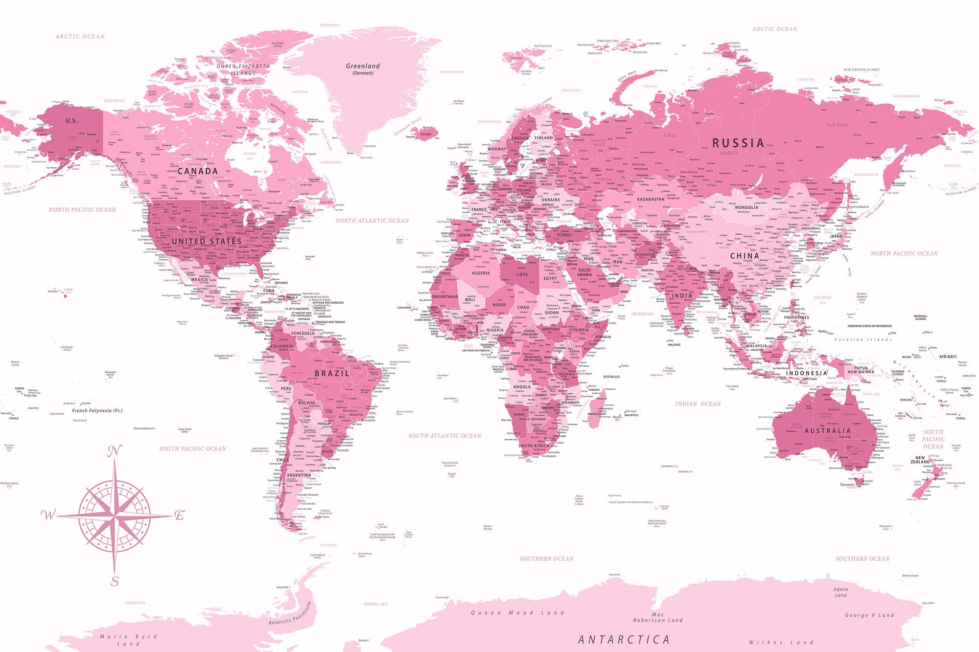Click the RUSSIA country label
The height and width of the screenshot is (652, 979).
[738, 143]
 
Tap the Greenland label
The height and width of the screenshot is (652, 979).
[363, 66]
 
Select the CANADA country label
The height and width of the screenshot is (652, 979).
[198, 171]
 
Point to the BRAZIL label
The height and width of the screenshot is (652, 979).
[332, 373]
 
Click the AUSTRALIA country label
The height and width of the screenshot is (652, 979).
[828, 431]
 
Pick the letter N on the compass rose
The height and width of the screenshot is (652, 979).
[114, 451]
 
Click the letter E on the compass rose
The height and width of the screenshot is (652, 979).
[180, 515]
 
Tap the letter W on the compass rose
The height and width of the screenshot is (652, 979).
[48, 515]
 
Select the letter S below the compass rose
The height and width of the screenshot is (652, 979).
[115, 581]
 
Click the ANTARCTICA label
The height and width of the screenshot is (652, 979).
[624, 639]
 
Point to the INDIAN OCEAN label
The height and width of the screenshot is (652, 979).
[698, 404]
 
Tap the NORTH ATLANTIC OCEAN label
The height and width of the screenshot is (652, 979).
[372, 221]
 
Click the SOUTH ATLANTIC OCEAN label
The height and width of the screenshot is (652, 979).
[445, 436]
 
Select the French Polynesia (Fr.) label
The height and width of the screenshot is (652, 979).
[97, 411]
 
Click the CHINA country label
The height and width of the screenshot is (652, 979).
[745, 256]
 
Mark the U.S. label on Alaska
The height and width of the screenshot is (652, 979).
[71, 120]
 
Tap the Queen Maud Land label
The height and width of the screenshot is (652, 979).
[517, 612]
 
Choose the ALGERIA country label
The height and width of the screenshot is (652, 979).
[481, 273]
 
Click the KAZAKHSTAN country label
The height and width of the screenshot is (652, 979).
[651, 200]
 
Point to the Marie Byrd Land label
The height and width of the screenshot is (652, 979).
[128, 640]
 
